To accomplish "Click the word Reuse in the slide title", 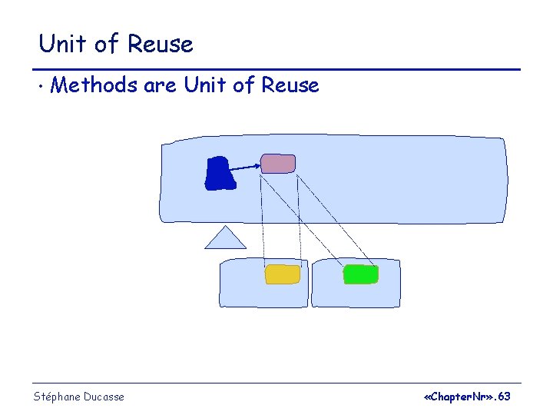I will pos(161,44).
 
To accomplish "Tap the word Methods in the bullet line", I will pos(94,85).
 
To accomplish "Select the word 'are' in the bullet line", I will pos(161,85).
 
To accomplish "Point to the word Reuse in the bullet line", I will pos(290,85).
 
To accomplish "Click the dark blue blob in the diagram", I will pos(218,173).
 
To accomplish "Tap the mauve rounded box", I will pos(277,163).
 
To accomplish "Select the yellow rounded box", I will pos(282,274).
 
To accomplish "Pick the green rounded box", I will pos(360,274).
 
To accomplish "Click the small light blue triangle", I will pos(225,239).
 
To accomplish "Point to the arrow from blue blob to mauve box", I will pos(245,167).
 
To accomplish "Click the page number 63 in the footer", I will pos(504,397).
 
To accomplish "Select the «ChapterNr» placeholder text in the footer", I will pos(459,397).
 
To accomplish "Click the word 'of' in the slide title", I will pos(108,44).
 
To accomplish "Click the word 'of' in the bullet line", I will pos(243,85).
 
